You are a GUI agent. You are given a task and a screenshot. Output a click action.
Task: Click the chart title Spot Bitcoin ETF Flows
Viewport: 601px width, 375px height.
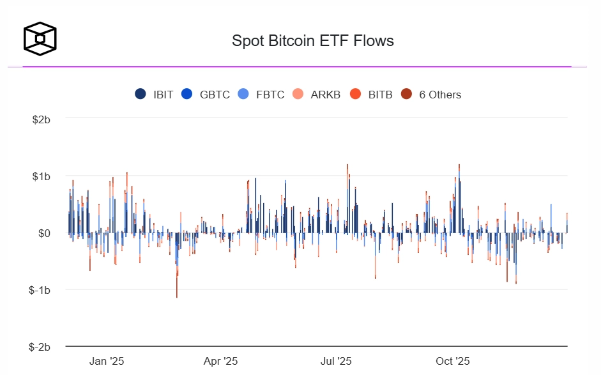coord(312,41)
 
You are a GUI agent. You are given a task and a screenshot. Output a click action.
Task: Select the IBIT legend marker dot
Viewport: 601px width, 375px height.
coord(141,95)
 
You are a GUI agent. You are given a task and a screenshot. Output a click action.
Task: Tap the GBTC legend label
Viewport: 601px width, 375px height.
coord(215,95)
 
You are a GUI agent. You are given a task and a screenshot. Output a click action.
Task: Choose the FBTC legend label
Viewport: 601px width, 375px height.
coord(270,95)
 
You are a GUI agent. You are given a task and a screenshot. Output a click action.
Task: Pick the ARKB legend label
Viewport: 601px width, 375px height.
coord(326,95)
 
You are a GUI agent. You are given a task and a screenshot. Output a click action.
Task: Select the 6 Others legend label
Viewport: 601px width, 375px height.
coord(440,95)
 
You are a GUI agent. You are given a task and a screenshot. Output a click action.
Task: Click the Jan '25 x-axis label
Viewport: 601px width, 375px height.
coord(107,361)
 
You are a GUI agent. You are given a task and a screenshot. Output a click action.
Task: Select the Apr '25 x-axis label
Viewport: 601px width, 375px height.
coord(220,361)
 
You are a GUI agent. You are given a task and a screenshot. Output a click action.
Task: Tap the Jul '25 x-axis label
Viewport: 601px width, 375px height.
coord(335,361)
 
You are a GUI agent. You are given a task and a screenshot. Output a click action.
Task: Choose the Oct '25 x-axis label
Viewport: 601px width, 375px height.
coord(453,361)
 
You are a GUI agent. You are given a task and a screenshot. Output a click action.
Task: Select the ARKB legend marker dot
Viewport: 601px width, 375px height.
coord(298,95)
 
